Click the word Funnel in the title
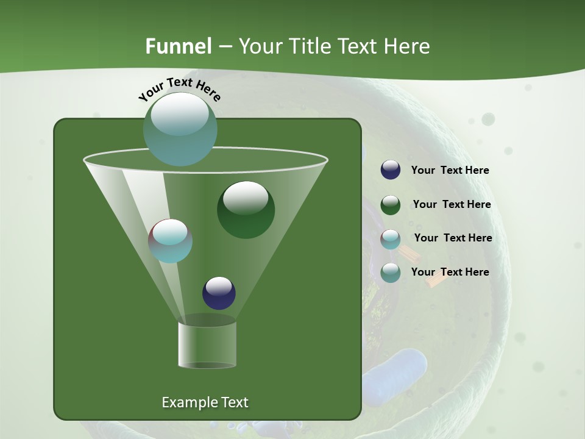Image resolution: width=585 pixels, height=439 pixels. pyautogui.click(x=179, y=46)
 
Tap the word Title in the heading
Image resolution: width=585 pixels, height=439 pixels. pyautogui.click(x=309, y=46)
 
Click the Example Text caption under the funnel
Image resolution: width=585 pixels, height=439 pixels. pyautogui.click(x=205, y=402)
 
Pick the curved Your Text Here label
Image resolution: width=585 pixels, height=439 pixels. pyautogui.click(x=179, y=89)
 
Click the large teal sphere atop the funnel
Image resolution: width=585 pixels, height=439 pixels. pyautogui.click(x=180, y=129)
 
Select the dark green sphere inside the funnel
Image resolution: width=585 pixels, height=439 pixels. pyautogui.click(x=246, y=210)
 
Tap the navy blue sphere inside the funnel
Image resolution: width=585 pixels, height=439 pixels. pyautogui.click(x=219, y=293)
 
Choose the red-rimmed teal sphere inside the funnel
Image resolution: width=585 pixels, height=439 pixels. pyautogui.click(x=171, y=241)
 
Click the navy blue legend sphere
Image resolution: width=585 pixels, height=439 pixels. pyautogui.click(x=391, y=170)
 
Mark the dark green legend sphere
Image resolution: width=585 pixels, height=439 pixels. pyautogui.click(x=391, y=205)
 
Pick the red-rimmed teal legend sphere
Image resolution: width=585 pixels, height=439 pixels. pyautogui.click(x=391, y=238)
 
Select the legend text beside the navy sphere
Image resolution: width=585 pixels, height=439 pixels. pyautogui.click(x=450, y=171)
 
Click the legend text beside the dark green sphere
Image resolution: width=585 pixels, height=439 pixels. pyautogui.click(x=452, y=205)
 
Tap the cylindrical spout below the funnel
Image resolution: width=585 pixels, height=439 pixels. pyautogui.click(x=207, y=344)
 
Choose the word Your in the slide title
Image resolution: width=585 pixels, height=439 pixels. pyautogui.click(x=258, y=46)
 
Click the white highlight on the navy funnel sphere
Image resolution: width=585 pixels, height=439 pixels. pyautogui.click(x=219, y=285)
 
